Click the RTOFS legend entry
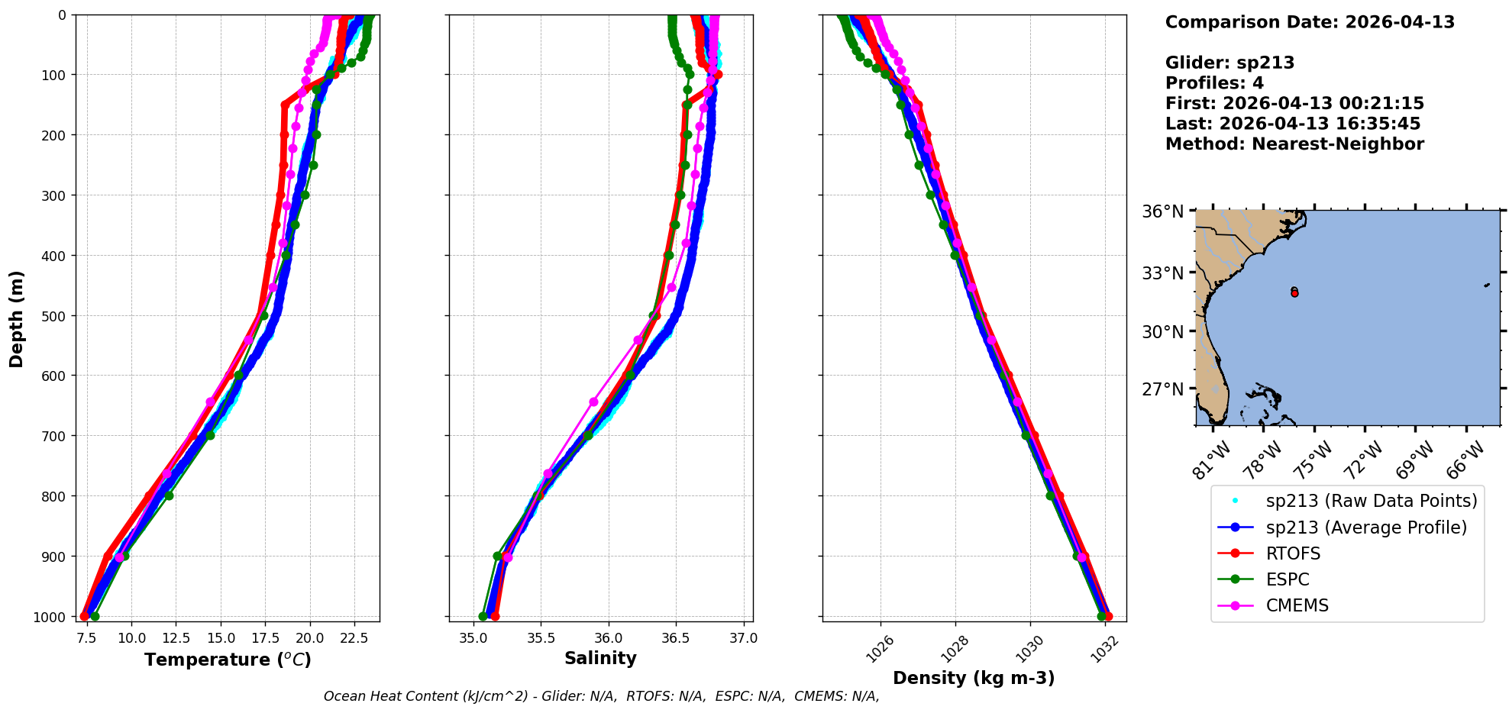coord(1292,553)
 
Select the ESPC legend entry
coord(1287,579)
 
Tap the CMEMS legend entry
coord(1297,605)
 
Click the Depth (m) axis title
coord(17,318)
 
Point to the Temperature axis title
coord(228,660)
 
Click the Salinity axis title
coord(600,658)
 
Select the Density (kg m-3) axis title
coord(974,678)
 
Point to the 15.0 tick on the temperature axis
coord(221,637)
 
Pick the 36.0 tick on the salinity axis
coord(608,637)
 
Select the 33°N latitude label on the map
coord(1163,273)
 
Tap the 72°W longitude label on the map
coord(1363,460)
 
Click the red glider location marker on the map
coord(1294,293)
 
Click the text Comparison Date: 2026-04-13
coord(1310,22)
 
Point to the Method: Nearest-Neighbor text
coord(1294,144)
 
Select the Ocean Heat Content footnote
coord(601,696)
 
